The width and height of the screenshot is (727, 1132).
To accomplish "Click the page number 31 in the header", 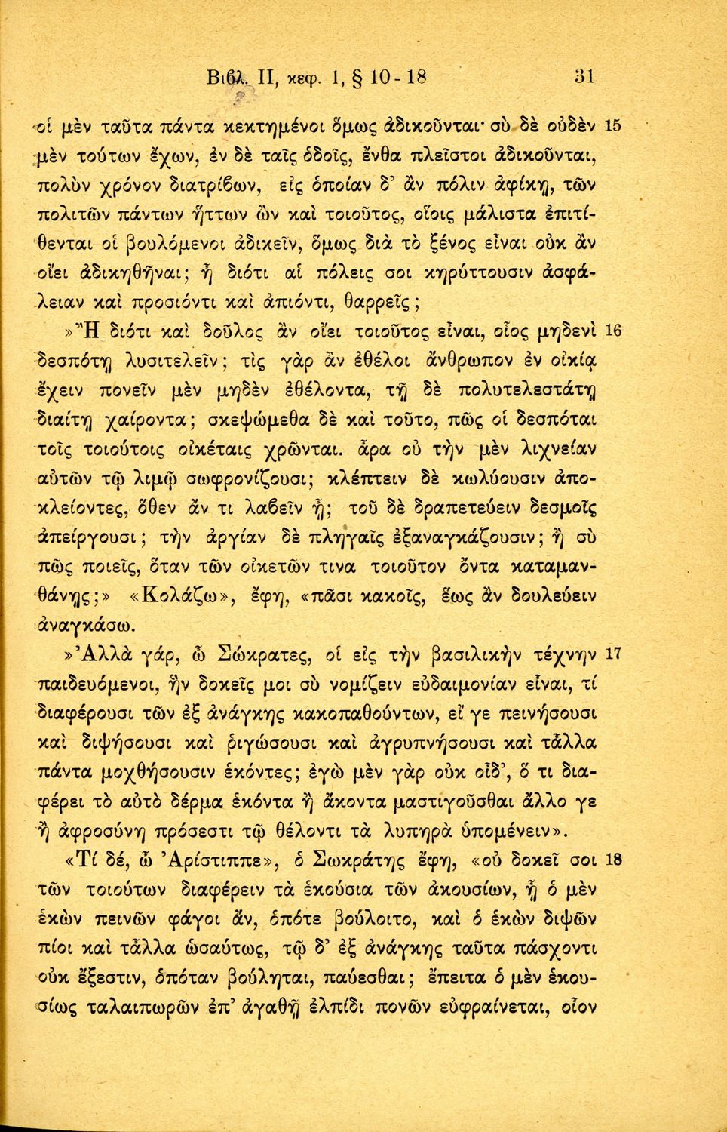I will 585,76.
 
